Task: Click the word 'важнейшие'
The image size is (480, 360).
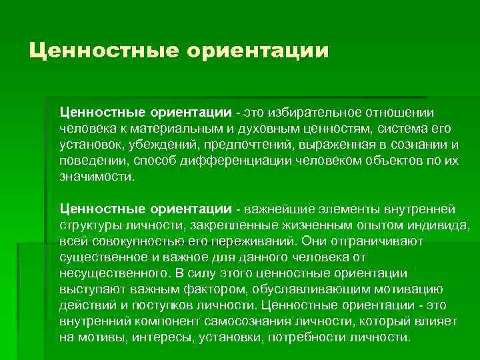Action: [x=280, y=210]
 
